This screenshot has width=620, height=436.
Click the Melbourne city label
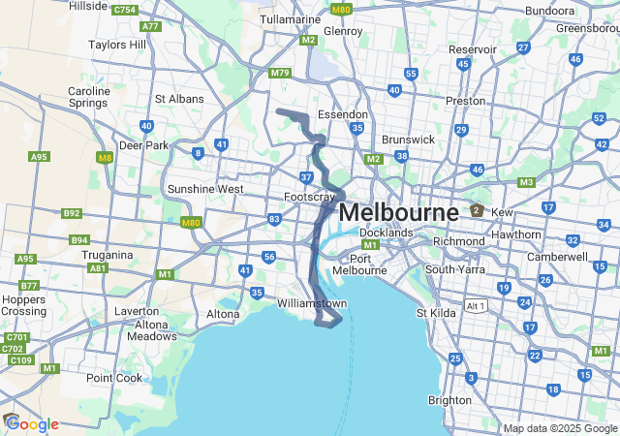tap(398, 212)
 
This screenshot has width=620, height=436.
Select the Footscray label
tap(308, 197)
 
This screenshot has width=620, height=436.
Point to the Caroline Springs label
tap(88, 98)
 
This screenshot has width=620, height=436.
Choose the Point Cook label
tap(114, 378)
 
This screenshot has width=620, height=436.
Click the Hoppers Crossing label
tap(23, 304)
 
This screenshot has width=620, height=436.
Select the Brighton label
tap(449, 400)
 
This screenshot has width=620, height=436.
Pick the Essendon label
tap(344, 113)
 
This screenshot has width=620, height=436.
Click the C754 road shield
tap(124, 10)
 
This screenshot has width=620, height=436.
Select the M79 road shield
tap(280, 73)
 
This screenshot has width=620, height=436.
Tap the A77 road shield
tap(150, 26)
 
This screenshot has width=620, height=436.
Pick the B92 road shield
tap(72, 213)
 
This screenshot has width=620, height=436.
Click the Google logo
tap(32, 424)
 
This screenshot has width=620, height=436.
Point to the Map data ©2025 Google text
tap(559, 428)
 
